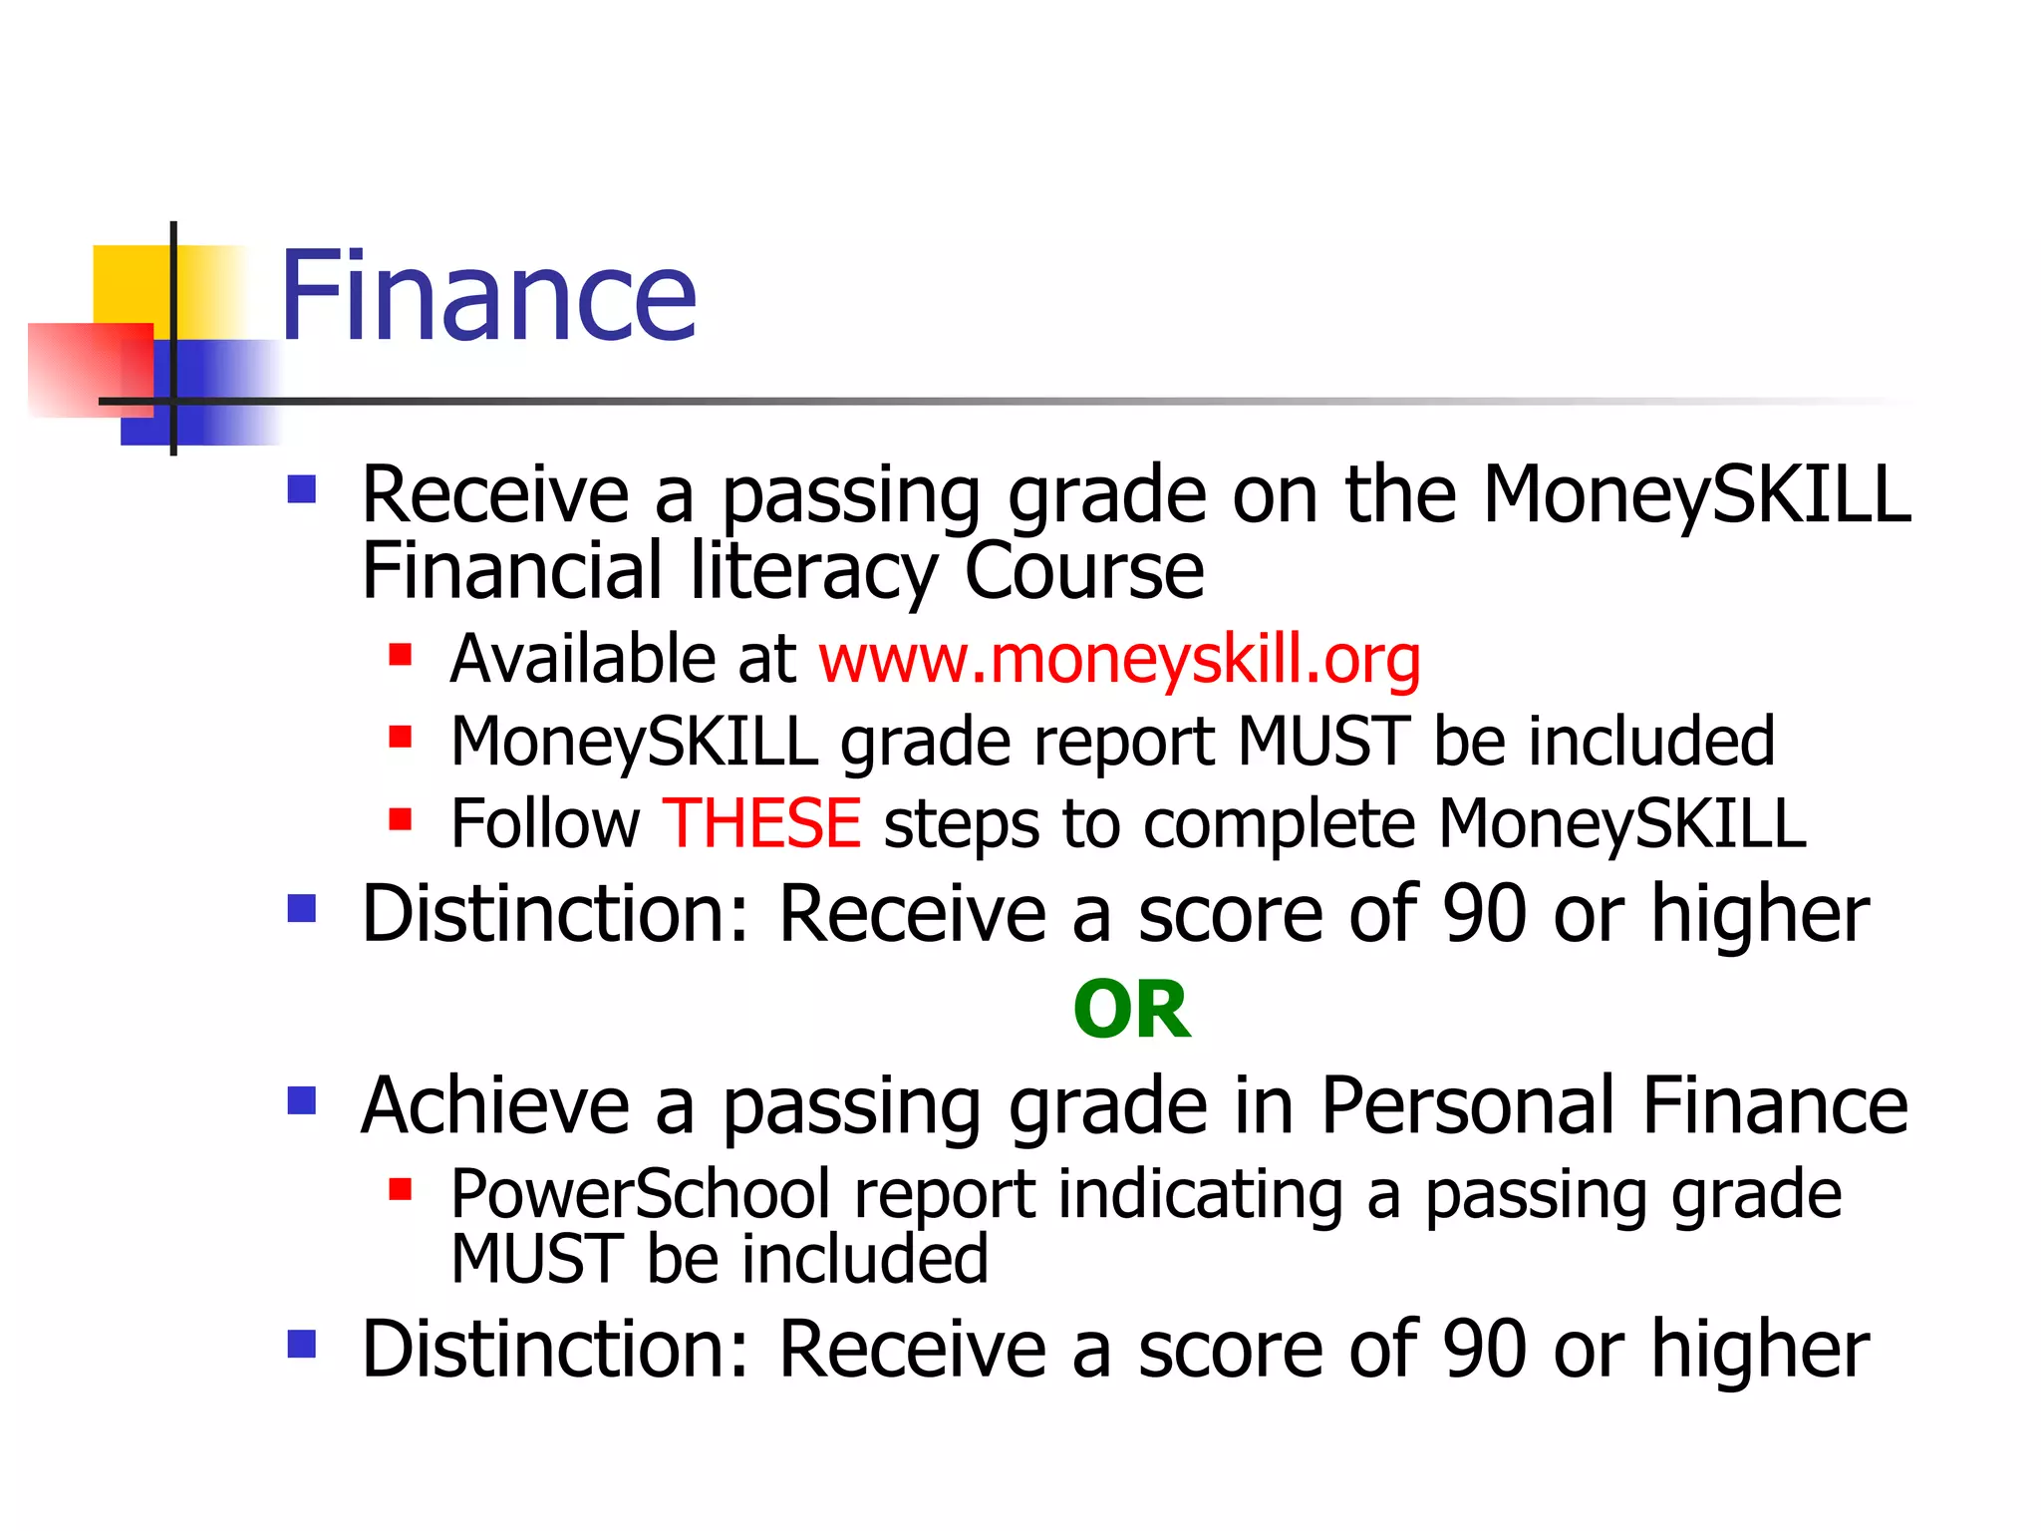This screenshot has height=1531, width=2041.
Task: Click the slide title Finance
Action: tap(487, 296)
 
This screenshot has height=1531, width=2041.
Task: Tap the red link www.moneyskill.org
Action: tap(1119, 659)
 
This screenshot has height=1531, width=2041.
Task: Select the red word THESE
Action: tap(761, 823)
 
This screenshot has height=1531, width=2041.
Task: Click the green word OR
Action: tap(1131, 1010)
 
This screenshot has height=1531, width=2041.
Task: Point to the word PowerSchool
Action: tap(640, 1194)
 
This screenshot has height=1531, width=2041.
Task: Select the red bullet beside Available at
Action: tap(401, 655)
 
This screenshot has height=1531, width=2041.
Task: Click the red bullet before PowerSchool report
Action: tap(401, 1189)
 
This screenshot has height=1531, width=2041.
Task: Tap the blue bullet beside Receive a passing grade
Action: tap(301, 488)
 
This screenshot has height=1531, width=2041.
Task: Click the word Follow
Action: tap(545, 823)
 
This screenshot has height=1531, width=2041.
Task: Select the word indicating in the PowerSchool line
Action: tap(1200, 1194)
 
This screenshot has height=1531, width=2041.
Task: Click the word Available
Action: tap(581, 659)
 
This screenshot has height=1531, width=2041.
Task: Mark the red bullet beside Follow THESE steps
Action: tap(401, 820)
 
